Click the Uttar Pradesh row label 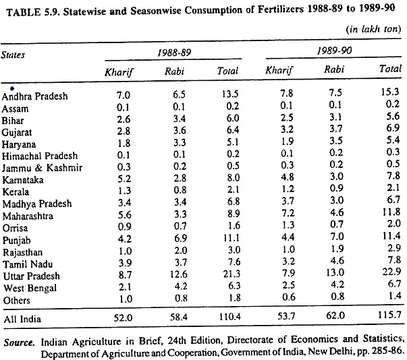click(32, 276)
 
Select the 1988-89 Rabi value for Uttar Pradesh click(179, 274)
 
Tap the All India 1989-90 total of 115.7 click(389, 315)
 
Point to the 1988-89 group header click(174, 53)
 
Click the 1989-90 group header click(334, 51)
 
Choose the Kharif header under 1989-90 click(279, 70)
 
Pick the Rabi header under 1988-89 click(174, 71)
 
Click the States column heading click(13, 55)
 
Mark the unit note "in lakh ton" click(373, 29)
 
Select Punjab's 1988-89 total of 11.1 click(232, 238)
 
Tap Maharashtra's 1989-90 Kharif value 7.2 click(288, 213)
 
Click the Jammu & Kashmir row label click(42, 168)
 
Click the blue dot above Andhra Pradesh click(12, 89)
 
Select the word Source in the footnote click(19, 342)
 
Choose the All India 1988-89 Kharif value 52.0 click(123, 318)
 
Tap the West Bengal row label click(30, 289)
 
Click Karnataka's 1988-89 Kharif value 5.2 click(124, 179)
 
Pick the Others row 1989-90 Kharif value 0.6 click(288, 297)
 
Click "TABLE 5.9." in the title click(34, 12)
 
